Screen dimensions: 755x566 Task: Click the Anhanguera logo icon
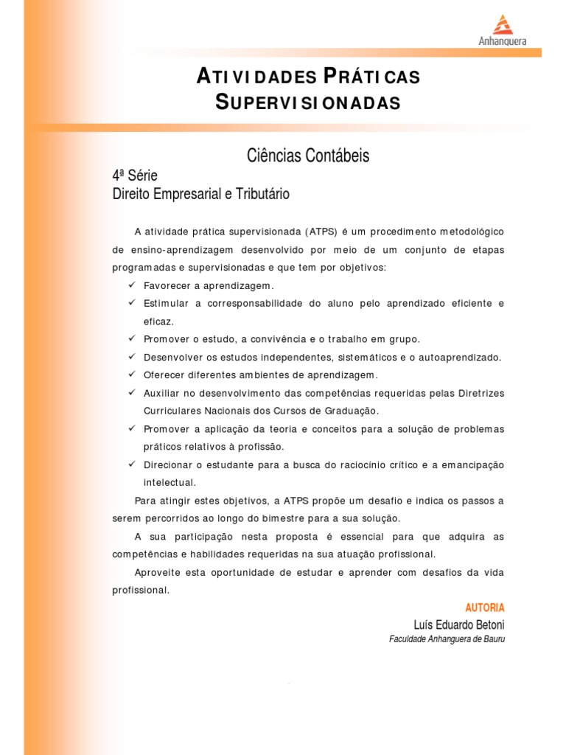click(502, 24)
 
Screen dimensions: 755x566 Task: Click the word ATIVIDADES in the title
click(257, 77)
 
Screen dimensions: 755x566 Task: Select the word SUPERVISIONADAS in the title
click(308, 102)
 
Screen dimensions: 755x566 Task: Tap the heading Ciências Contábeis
click(308, 156)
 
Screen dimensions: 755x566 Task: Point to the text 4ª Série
click(135, 175)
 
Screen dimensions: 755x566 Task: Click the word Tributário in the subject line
click(262, 195)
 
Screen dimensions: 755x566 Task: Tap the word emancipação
click(472, 465)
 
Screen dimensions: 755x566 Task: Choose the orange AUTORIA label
click(485, 608)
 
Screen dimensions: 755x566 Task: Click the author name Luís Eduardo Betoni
click(458, 625)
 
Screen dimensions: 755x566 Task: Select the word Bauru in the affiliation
click(492, 639)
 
